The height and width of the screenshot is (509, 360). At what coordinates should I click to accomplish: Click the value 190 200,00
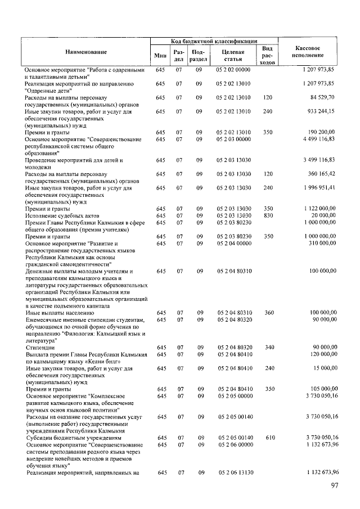click(319, 132)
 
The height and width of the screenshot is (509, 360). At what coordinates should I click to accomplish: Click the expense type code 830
click(268, 215)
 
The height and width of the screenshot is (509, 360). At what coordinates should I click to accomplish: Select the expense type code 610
click(268, 437)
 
